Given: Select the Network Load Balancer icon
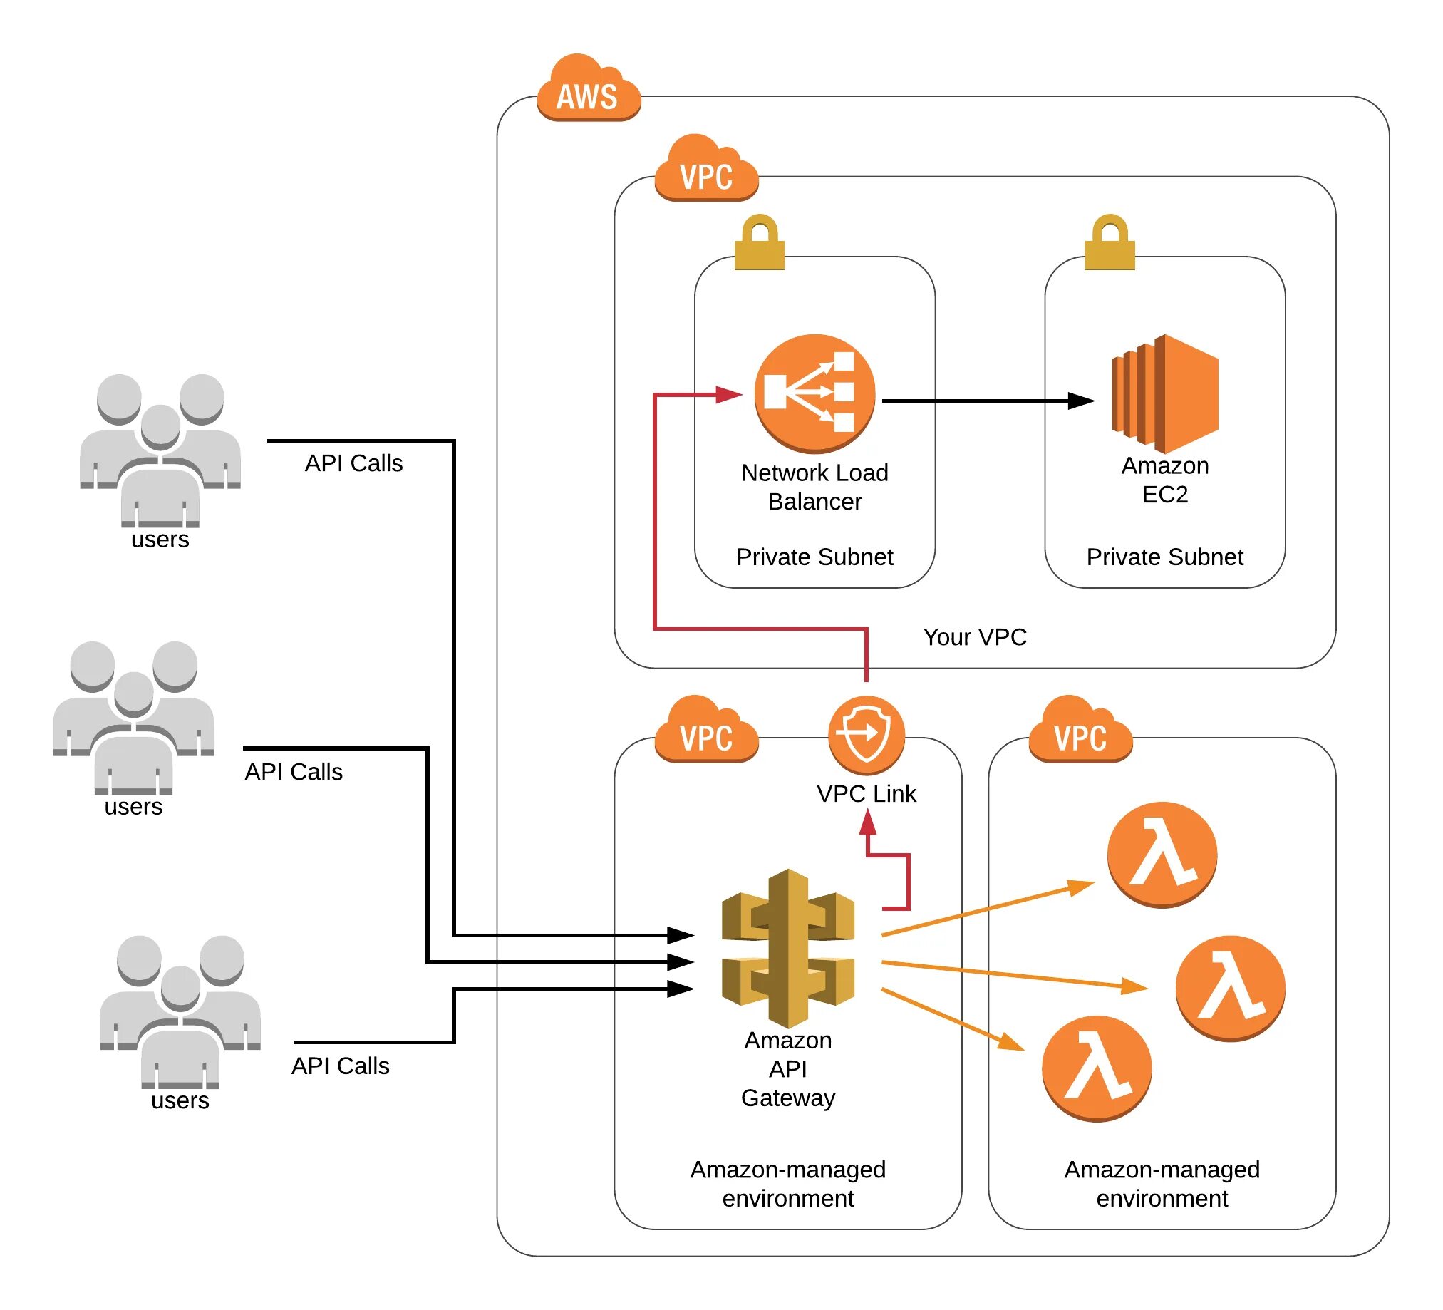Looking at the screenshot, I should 814,393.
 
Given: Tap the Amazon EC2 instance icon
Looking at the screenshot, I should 1164,393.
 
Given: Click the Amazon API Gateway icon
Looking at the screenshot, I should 787,948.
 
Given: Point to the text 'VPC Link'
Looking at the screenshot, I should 866,793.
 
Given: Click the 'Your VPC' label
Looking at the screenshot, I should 974,636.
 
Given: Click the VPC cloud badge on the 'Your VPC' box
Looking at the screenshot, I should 706,169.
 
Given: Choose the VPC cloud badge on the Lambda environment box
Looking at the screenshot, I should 1080,730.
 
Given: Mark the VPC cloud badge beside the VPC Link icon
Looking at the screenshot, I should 706,730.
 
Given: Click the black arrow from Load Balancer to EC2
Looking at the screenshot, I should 988,401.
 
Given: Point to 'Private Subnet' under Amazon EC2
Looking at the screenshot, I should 1164,556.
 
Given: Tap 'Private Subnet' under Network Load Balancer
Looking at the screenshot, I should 814,556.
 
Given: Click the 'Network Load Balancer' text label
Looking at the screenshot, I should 814,487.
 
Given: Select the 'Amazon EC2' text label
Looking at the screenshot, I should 1164,480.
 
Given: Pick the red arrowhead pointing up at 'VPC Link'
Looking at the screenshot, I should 867,824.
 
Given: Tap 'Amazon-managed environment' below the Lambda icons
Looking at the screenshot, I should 1162,1183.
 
